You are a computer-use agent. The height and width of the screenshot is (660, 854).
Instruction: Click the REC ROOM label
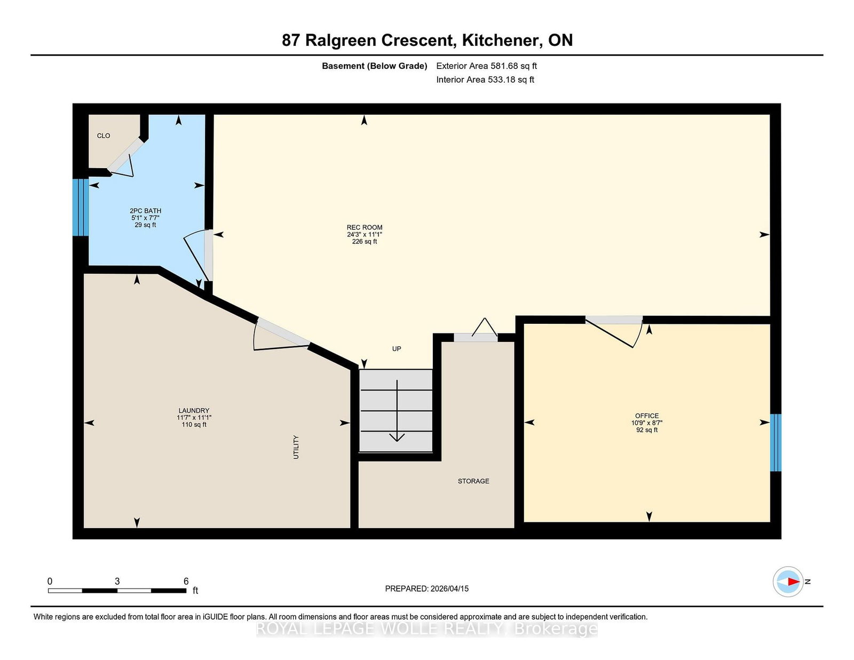[x=365, y=227]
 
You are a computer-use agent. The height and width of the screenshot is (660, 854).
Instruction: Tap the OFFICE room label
[x=646, y=416]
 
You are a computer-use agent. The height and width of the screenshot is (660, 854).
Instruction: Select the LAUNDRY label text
[x=193, y=410]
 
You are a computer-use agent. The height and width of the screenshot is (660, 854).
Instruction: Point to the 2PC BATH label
[x=145, y=211]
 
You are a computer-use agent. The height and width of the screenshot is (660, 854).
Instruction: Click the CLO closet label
[x=104, y=136]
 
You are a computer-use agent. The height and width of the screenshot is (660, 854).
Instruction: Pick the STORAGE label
[x=473, y=481]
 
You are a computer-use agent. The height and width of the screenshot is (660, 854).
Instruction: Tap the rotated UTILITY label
[x=296, y=447]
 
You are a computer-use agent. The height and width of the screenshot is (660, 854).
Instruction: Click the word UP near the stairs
[x=396, y=348]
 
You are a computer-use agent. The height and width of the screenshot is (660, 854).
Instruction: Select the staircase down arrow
[x=397, y=410]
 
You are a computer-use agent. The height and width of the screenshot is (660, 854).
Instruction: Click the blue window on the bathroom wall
[x=81, y=208]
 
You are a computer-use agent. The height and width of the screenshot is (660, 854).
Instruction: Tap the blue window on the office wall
[x=776, y=442]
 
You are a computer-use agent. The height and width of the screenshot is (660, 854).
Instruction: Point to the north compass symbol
[x=788, y=582]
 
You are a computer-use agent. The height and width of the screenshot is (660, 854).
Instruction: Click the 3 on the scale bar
[x=117, y=581]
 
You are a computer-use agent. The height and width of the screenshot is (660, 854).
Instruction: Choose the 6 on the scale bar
[x=186, y=581]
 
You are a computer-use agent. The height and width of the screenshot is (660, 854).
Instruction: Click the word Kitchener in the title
[x=500, y=40]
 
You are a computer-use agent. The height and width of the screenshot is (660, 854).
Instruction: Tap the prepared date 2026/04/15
[x=449, y=589]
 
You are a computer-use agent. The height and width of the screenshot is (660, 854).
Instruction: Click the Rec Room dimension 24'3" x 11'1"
[x=365, y=235]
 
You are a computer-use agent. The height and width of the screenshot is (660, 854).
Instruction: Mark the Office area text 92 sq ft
[x=646, y=430]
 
